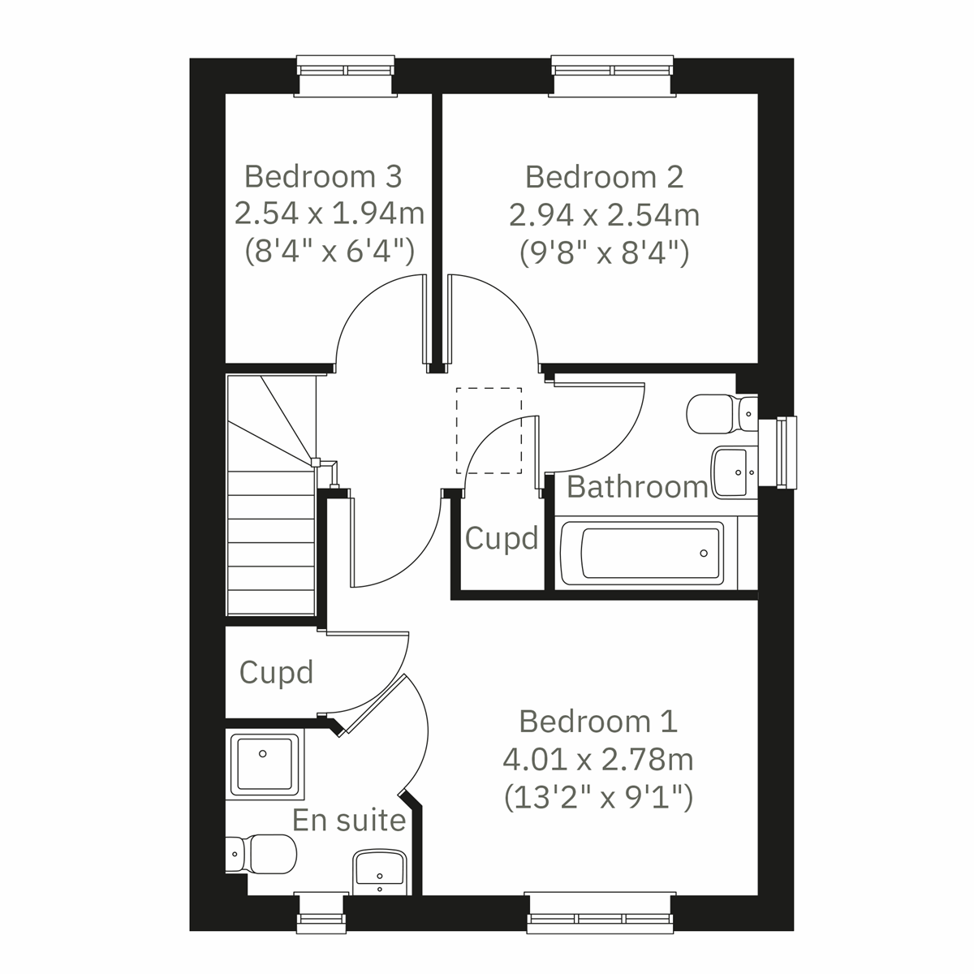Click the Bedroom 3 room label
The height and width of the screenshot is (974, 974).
323,176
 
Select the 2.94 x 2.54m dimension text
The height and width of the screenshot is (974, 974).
604,215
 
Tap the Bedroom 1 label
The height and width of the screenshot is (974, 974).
598,721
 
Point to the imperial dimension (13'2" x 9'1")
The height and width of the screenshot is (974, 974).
598,799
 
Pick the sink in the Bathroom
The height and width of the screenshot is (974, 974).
734,471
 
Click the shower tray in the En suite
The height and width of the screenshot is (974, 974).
264,764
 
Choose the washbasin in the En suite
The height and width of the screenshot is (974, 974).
380,870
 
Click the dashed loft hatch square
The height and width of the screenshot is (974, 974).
489,431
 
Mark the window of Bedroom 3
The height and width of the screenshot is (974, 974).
347,76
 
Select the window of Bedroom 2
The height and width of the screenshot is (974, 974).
613,76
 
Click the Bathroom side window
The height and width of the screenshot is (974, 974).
785,453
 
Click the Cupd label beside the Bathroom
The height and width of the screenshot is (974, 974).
502,538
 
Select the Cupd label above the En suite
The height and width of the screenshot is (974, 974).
276,672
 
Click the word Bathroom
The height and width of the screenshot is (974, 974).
637,487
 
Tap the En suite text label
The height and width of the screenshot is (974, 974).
349,821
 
